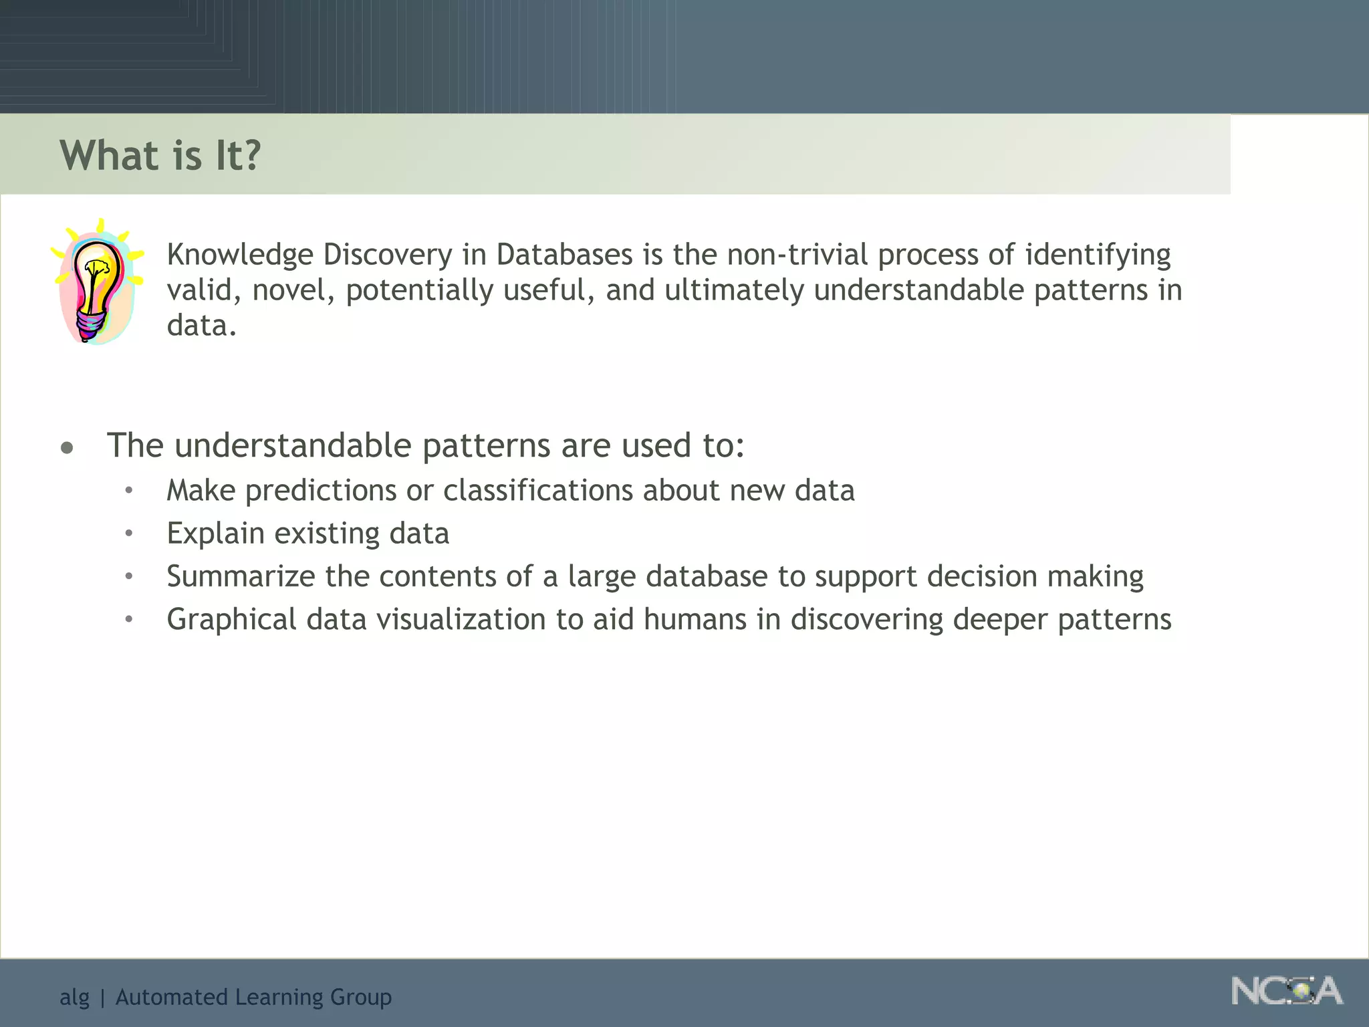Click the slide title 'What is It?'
click(160, 155)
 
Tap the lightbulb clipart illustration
click(97, 282)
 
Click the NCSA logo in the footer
click(1286, 991)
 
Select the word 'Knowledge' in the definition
click(240, 255)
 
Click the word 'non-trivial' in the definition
click(797, 255)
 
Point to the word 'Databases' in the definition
click(564, 255)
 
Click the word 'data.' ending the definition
click(201, 326)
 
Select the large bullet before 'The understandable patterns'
click(67, 447)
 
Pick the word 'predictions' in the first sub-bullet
click(320, 491)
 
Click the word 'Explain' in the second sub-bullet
click(215, 534)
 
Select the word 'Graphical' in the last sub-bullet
click(231, 620)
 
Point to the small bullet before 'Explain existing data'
click(129, 534)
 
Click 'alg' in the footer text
click(74, 998)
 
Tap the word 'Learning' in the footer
click(279, 998)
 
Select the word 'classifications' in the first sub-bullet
click(538, 491)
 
